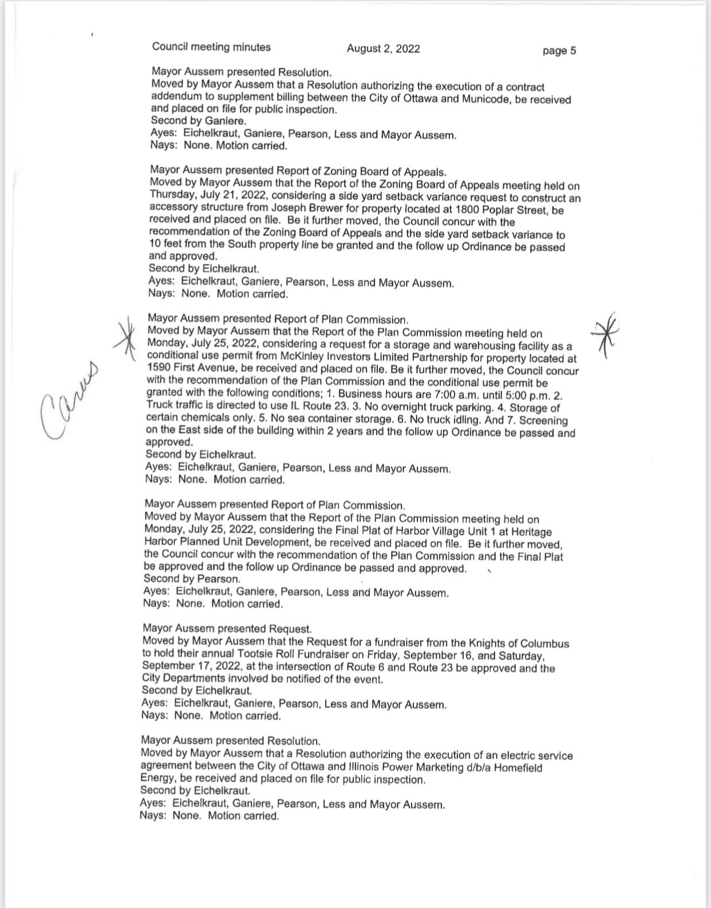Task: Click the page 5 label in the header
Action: [559, 51]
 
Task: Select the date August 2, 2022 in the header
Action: [383, 49]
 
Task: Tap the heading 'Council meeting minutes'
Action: [211, 47]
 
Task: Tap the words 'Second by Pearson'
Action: [192, 579]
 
